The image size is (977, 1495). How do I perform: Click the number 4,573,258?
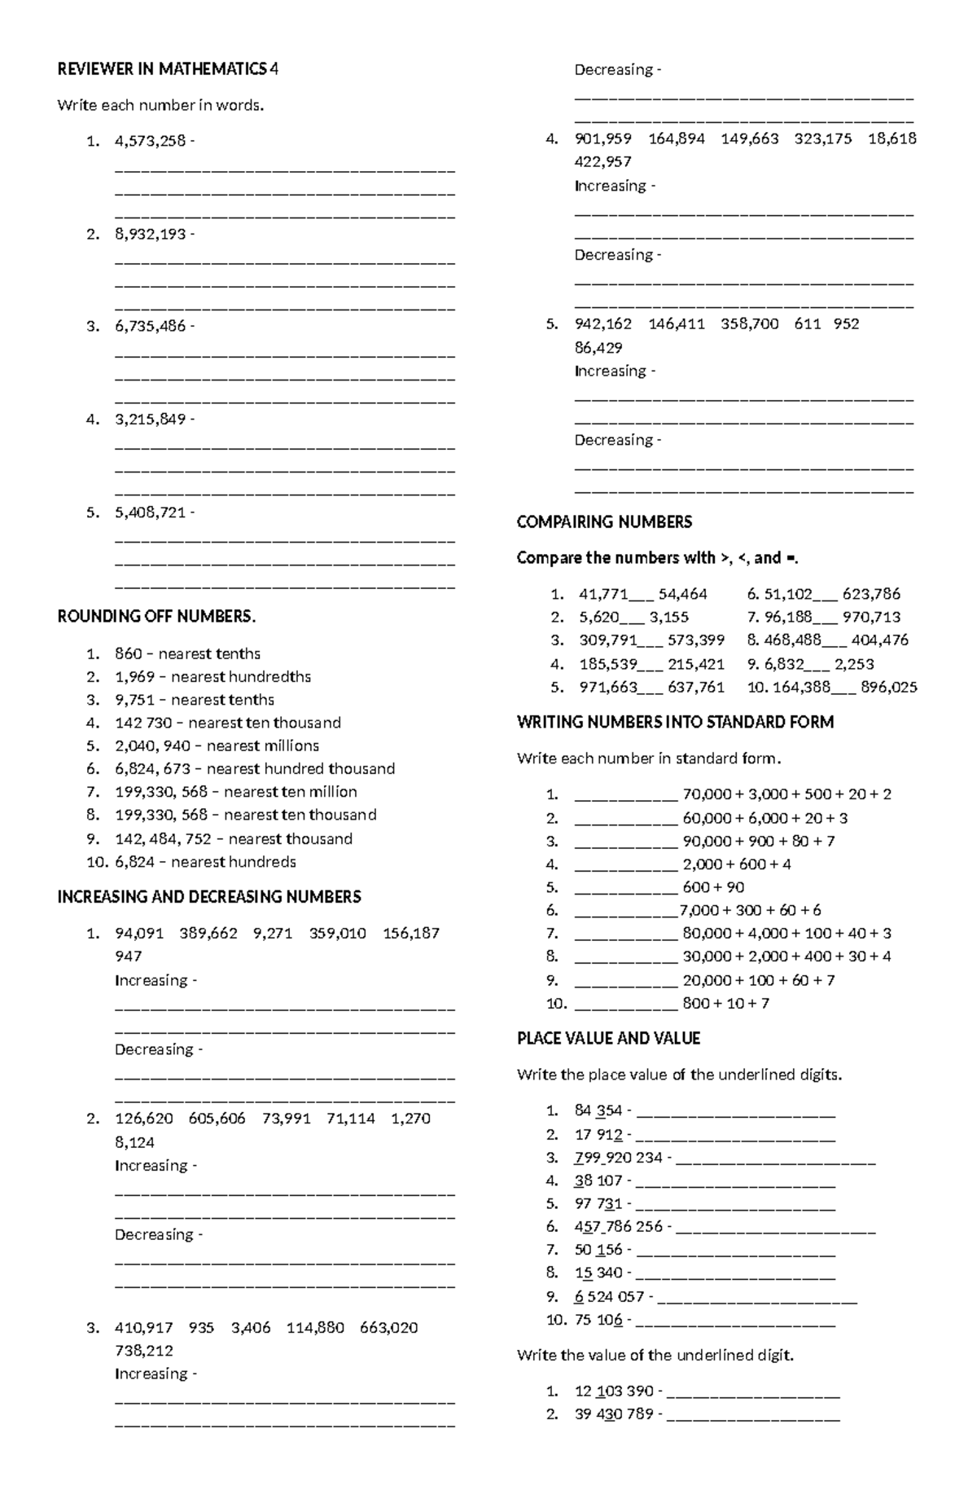pos(150,141)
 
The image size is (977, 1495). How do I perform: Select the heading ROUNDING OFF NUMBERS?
pos(156,616)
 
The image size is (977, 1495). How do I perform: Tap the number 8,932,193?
pos(150,234)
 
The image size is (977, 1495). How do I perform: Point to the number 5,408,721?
pos(150,512)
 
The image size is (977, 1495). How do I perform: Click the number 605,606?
pos(217,1119)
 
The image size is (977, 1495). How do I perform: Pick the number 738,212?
pos(144,1350)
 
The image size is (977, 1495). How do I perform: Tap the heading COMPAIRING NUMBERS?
pos(604,521)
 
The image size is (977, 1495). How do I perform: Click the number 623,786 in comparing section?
pos(871,594)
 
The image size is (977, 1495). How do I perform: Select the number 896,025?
pos(888,687)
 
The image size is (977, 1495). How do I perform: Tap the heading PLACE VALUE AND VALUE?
pos(608,1038)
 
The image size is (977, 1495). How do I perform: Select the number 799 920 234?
pos(618,1158)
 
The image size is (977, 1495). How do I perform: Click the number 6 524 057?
pos(609,1296)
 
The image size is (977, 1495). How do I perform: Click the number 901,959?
pos(602,139)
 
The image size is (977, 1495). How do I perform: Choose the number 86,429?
pos(598,348)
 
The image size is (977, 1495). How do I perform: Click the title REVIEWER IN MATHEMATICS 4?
pos(167,69)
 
